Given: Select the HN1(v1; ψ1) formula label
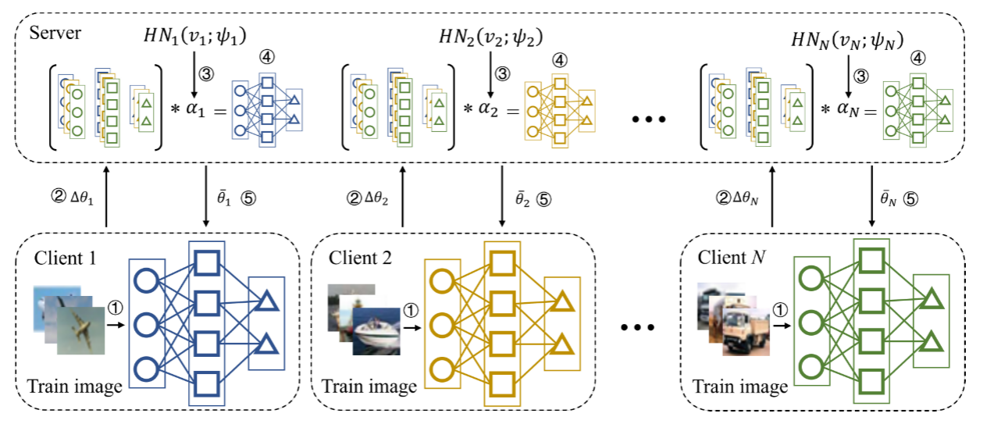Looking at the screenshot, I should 188,35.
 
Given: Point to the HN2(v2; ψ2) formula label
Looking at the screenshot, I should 490,36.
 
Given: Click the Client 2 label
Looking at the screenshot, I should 358,258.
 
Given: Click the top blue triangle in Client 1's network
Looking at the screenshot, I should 266,298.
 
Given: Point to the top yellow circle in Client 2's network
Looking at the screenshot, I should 440,280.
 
